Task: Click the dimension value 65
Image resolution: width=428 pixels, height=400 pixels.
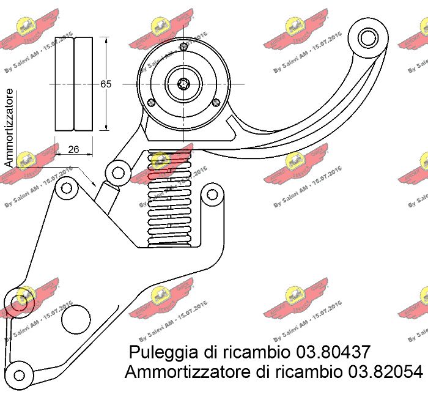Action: (106, 84)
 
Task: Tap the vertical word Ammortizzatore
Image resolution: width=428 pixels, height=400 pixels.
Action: (9, 127)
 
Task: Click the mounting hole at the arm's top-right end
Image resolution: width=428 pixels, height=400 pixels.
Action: (369, 37)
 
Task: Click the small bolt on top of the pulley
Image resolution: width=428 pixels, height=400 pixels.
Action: (185, 45)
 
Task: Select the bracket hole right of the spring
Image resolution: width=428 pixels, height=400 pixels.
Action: (212, 194)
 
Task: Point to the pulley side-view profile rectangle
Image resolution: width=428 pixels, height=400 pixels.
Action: (74, 84)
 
